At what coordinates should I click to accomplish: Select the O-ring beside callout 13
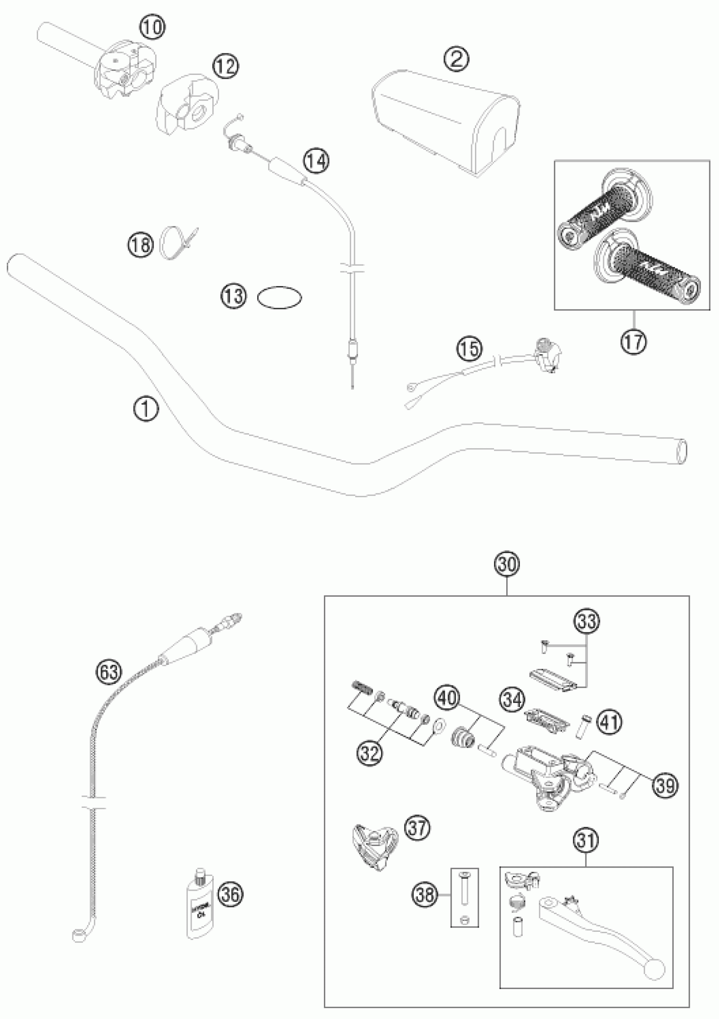pos(280,297)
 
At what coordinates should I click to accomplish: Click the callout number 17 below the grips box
pos(634,342)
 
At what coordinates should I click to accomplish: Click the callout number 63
pos(110,672)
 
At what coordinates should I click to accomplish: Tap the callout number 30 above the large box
pos(508,565)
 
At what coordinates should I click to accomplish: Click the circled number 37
pos(417,828)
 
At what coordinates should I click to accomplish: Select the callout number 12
pos(225,66)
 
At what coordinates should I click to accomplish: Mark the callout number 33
pos(587,622)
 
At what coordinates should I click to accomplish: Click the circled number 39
pos(665,785)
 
